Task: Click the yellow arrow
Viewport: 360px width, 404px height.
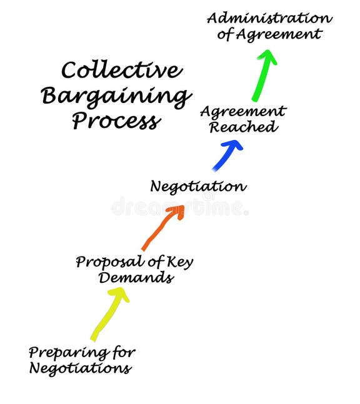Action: [x=108, y=316]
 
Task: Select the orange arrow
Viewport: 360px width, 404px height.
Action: [x=161, y=229]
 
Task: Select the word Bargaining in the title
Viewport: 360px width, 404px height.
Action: [x=116, y=96]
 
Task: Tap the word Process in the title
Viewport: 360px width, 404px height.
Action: [x=115, y=120]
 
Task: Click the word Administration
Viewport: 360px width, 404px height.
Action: [x=269, y=17]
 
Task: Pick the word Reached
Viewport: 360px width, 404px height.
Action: [x=242, y=127]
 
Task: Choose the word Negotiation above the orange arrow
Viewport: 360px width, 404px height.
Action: [x=198, y=186]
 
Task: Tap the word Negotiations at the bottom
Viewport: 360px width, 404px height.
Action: [x=80, y=368]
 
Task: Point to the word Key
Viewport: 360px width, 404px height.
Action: [x=181, y=262]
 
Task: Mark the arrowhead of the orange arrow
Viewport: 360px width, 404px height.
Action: [x=177, y=212]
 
